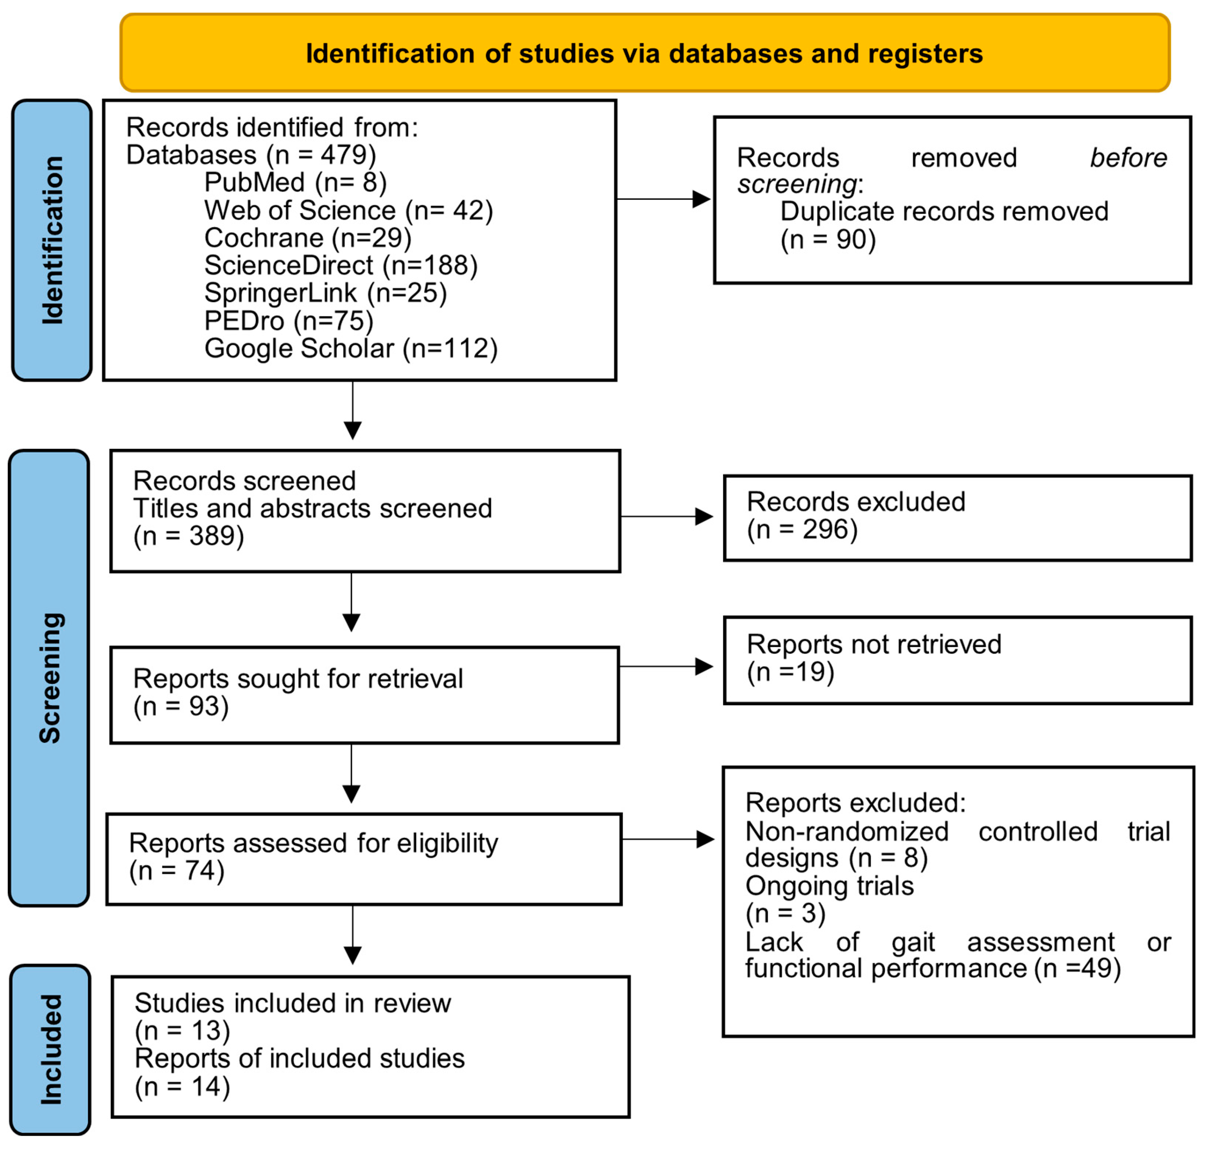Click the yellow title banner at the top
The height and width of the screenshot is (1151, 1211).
[645, 53]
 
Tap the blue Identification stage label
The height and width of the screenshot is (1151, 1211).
[52, 240]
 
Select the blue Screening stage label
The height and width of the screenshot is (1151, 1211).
[49, 678]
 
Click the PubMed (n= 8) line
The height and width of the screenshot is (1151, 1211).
[295, 182]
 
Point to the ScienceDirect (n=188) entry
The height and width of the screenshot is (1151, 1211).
[341, 265]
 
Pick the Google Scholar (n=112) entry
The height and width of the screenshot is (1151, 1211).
[351, 348]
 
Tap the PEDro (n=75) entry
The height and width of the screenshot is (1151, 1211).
[288, 320]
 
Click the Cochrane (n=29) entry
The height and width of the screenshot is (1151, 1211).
[307, 237]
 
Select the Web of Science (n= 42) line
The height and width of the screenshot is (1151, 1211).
[348, 210]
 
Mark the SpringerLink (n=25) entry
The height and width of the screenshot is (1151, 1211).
[325, 293]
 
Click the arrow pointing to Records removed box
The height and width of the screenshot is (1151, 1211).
[663, 199]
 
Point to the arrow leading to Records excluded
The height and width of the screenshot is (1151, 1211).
[667, 516]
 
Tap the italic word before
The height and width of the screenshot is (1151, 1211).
[1128, 158]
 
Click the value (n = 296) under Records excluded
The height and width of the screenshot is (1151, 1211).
[802, 529]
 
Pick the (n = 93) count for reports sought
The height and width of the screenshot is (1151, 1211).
[181, 706]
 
